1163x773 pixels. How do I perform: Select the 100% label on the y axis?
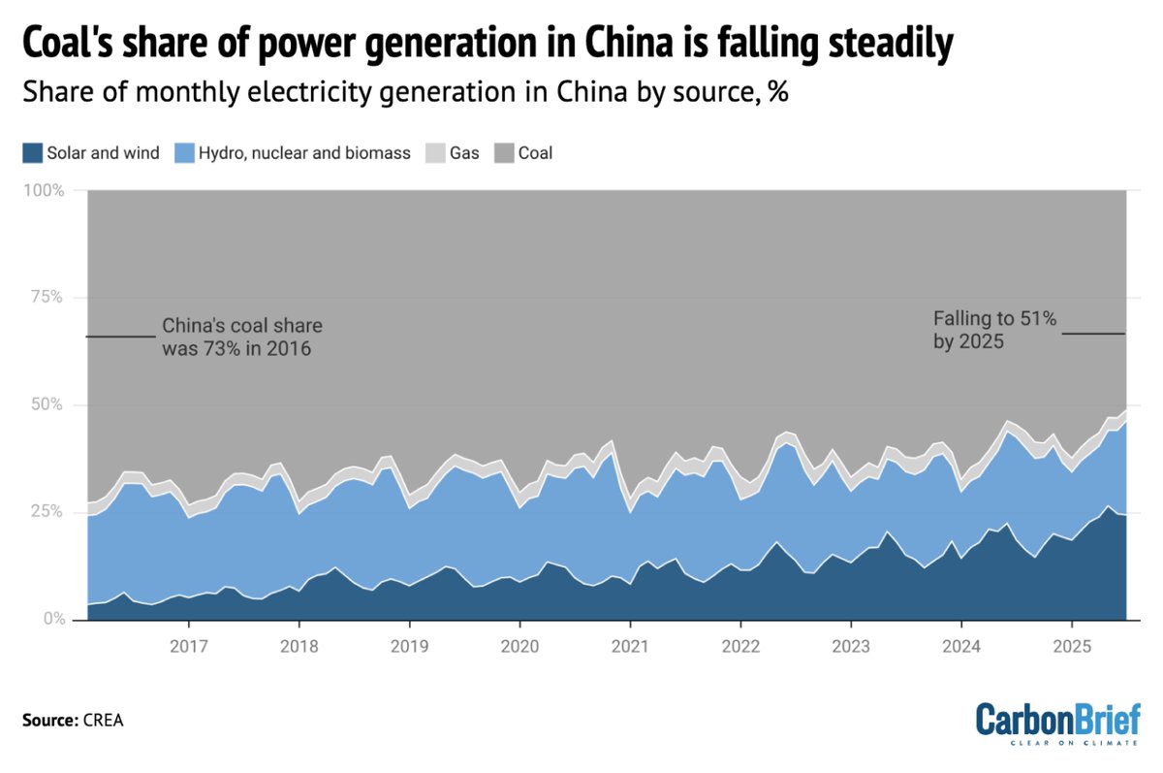pyautogui.click(x=44, y=190)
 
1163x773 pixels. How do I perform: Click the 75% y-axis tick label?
pyautogui.click(x=47, y=298)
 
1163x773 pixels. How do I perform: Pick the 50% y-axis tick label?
pyautogui.click(x=47, y=404)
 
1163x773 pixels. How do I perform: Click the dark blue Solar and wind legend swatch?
pyautogui.click(x=33, y=153)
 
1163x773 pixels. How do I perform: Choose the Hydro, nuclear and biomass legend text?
pyautogui.click(x=304, y=153)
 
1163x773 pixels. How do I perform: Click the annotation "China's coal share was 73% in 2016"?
pyautogui.click(x=241, y=337)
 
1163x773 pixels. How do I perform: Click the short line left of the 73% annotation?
pyautogui.click(x=120, y=337)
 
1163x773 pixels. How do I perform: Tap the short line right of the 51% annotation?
pyautogui.click(x=1093, y=334)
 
